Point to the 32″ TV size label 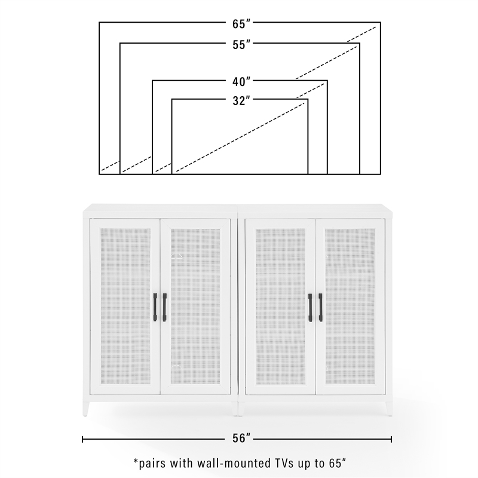coord(240,101)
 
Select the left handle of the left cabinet coord(157,308)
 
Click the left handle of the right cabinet coord(311,308)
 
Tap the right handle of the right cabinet coord(320,308)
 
